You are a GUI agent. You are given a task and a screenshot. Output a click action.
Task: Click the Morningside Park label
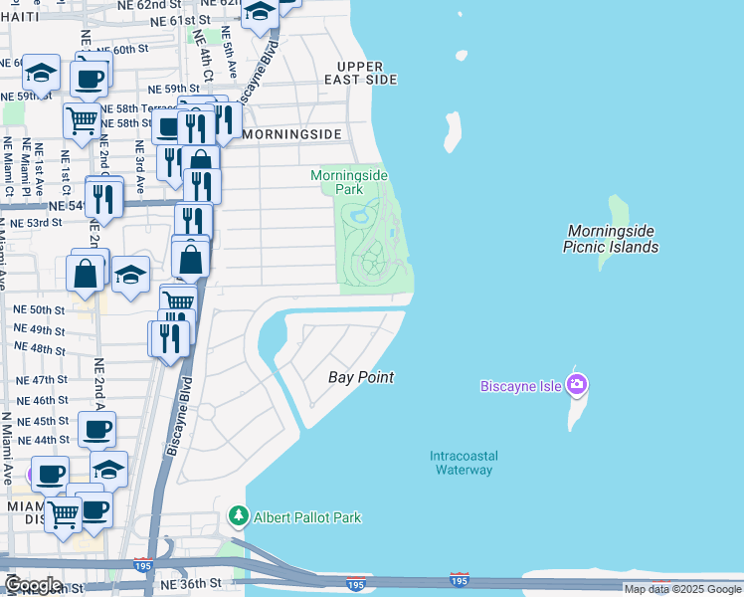[348, 181]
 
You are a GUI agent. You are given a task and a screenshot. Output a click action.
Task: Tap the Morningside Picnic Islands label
[611, 238]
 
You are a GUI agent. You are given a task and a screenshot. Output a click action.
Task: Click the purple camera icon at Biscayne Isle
[577, 384]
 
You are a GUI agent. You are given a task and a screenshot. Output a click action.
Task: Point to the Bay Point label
[361, 377]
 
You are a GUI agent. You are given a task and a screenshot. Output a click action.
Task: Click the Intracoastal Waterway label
[464, 463]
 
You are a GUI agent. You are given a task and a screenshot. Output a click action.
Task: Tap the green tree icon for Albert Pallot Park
[238, 516]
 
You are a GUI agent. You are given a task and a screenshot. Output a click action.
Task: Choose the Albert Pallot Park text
[306, 517]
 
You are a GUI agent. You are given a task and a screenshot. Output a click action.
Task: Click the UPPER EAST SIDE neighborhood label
[359, 72]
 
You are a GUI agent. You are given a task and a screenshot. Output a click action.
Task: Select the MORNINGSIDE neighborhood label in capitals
[291, 133]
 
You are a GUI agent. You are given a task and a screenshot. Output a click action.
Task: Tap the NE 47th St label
[41, 380]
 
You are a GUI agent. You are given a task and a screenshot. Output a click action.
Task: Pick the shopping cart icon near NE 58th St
[83, 120]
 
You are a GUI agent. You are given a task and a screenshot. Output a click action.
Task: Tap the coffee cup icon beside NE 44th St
[96, 429]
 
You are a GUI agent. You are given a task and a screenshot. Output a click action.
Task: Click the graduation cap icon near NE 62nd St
[261, 13]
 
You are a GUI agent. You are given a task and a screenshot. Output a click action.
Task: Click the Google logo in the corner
[33, 584]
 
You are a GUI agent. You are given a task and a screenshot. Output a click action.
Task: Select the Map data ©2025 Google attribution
[681, 589]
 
